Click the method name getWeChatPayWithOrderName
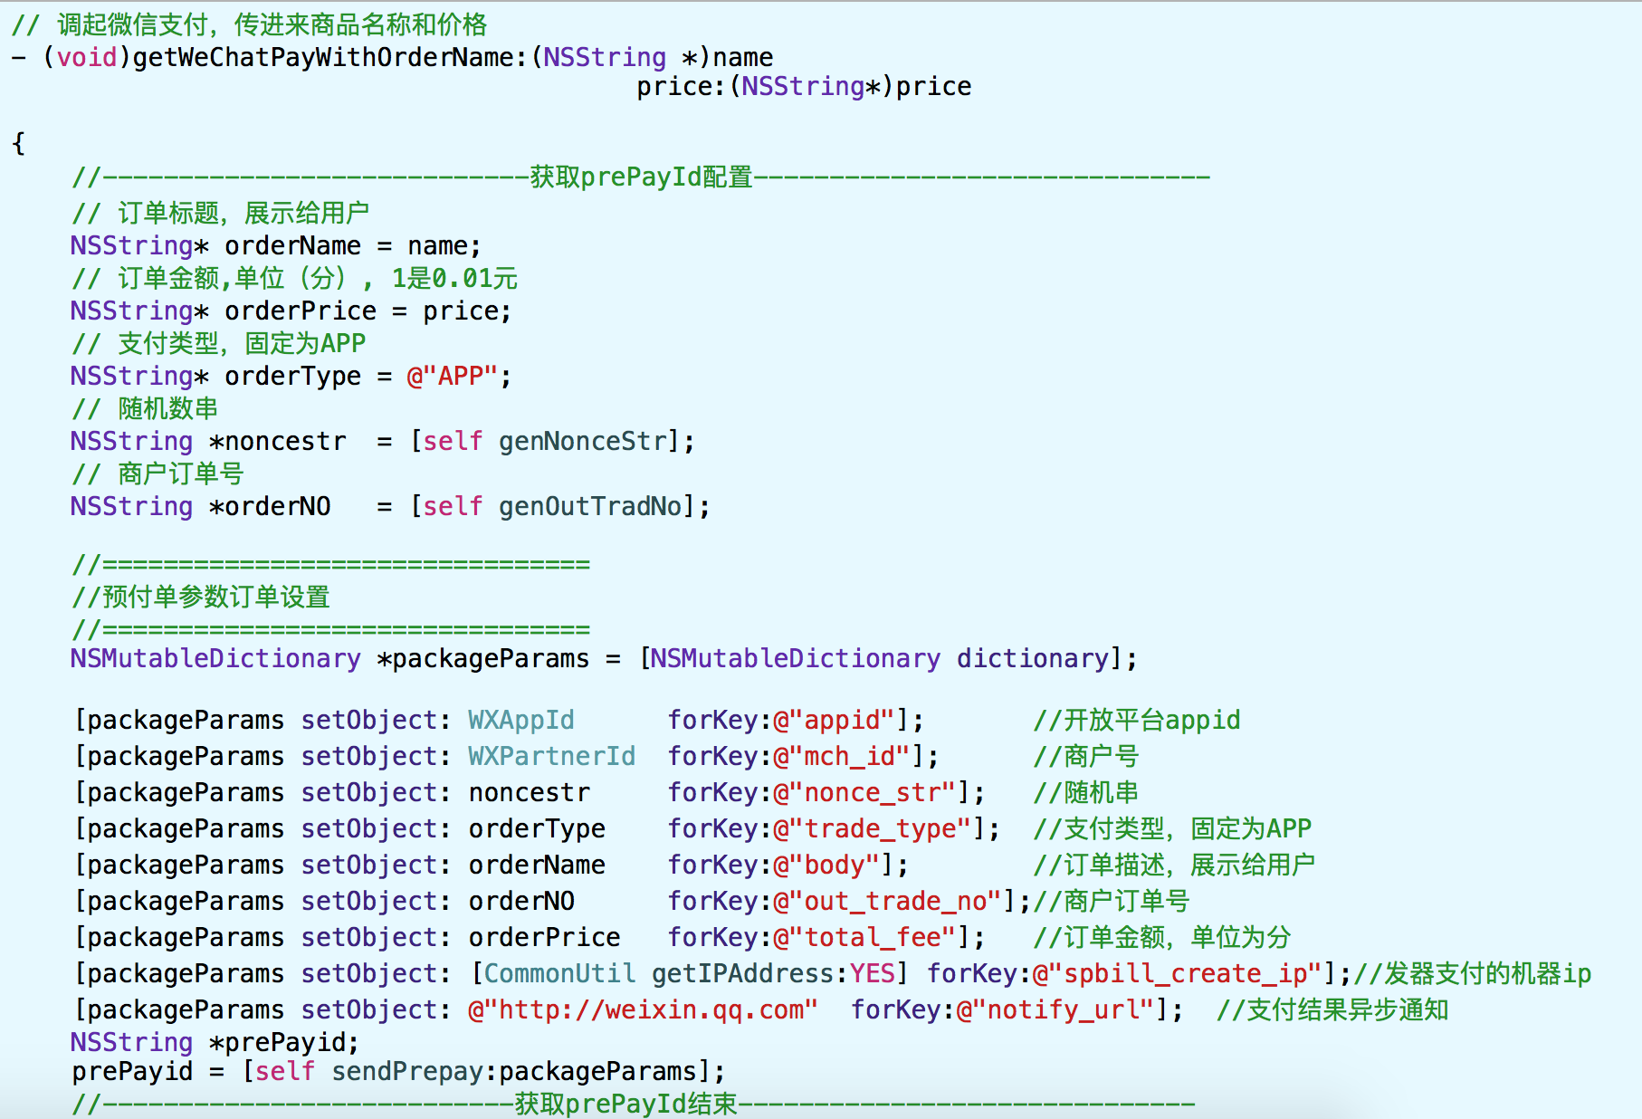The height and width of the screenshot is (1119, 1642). point(323,58)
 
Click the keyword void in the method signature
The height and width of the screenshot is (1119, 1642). point(87,58)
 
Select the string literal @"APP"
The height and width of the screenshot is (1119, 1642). point(452,376)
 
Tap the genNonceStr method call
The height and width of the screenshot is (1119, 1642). point(582,441)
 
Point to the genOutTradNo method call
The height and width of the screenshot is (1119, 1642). point(589,506)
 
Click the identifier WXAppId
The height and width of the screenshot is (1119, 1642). point(520,721)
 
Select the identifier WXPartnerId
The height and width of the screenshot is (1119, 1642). point(551,756)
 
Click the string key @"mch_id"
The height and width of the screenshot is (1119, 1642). point(841,756)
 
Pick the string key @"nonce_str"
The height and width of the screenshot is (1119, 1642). point(864,793)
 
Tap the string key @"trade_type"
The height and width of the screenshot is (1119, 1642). point(872,829)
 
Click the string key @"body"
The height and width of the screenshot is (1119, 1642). point(826,865)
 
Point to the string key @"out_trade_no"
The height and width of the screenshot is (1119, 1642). point(887,902)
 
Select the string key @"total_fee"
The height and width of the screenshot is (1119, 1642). point(864,938)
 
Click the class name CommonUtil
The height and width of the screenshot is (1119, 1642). point(559,973)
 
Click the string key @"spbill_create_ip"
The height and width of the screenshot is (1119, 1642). point(1177,974)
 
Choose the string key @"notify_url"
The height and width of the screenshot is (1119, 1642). point(1055,1010)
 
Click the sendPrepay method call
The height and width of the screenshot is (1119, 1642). point(408,1072)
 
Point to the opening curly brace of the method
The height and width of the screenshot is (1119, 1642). point(18,143)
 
